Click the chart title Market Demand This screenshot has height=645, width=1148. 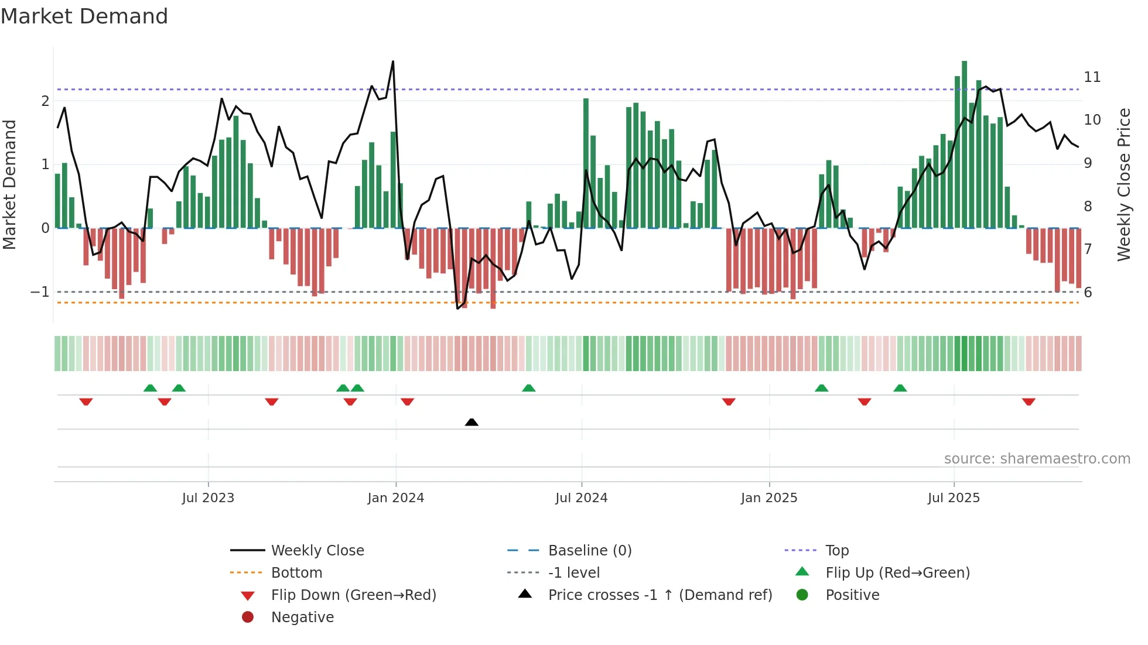84,16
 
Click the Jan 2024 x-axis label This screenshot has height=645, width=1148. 395,498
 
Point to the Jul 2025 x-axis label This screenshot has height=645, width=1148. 953,498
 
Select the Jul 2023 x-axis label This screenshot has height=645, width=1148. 208,498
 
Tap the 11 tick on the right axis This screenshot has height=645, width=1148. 1092,77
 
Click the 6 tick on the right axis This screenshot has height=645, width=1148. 1088,293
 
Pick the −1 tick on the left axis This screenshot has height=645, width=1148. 40,291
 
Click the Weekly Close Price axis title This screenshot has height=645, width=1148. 1123,184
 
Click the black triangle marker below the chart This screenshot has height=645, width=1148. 471,422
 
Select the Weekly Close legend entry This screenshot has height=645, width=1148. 317,551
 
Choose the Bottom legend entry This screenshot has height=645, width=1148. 296,573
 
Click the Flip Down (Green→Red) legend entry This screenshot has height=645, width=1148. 353,595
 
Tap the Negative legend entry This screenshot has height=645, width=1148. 302,617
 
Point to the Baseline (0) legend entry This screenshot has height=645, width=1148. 589,551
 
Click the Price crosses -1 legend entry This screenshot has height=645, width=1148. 660,595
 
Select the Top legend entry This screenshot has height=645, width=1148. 836,551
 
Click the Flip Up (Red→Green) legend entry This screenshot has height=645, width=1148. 897,573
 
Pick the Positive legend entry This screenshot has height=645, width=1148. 852,595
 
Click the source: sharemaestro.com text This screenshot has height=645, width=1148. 1037,459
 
